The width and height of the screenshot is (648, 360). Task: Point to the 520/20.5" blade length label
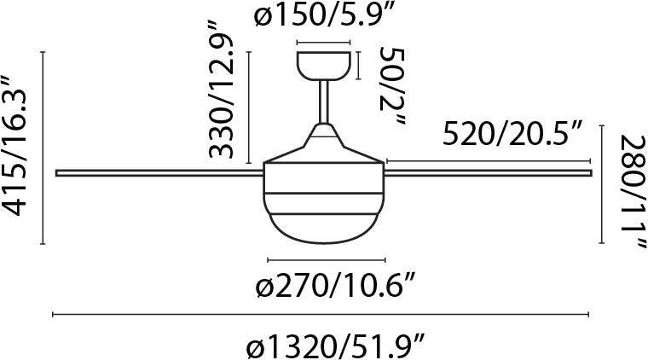tap(512, 133)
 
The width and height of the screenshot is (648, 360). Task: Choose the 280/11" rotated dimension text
tap(633, 191)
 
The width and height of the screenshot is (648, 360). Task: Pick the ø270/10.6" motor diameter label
tap(335, 286)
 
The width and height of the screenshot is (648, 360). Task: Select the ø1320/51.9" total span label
tap(335, 347)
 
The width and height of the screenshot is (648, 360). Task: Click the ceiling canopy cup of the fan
tap(324, 66)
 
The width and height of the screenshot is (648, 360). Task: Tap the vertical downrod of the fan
tap(324, 102)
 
